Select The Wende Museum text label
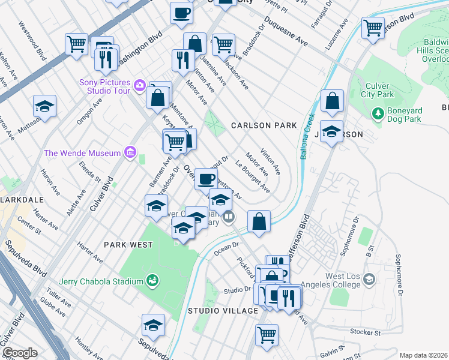tap(82, 153)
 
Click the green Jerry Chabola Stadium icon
tap(152, 280)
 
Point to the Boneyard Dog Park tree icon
tap(378, 113)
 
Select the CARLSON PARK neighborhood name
tap(264, 125)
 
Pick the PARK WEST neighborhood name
tap(128, 245)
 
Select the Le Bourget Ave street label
tap(252, 178)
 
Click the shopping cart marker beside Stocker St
tap(267, 334)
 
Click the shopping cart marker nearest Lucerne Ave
tap(373, 27)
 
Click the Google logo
tap(20, 353)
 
